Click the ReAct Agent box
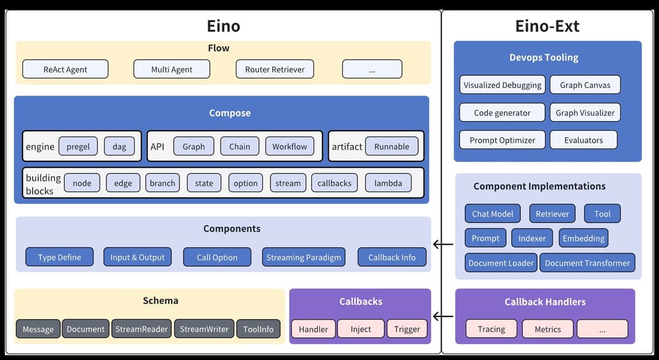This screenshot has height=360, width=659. pyautogui.click(x=65, y=69)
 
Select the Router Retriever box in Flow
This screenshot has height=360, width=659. pyautogui.click(x=275, y=69)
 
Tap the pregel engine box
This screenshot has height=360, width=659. pyautogui.click(x=78, y=146)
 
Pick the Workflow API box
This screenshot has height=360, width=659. pyautogui.click(x=290, y=146)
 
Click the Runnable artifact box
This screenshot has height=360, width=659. pyautogui.click(x=392, y=146)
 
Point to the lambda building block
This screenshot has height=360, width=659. pyautogui.click(x=388, y=183)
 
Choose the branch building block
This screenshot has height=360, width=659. pyautogui.click(x=163, y=183)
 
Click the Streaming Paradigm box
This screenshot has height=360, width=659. pyautogui.click(x=304, y=257)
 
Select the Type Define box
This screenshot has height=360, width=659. pyautogui.click(x=59, y=257)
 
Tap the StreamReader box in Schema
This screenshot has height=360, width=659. pyautogui.click(x=142, y=329)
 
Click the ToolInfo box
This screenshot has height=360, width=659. pyautogui.click(x=258, y=329)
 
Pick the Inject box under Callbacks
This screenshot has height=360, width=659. pyautogui.click(x=361, y=329)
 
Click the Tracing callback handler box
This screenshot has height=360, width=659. pyautogui.click(x=491, y=329)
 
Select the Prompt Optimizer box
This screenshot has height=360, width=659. pyautogui.click(x=502, y=140)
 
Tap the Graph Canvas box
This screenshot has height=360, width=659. pyautogui.click(x=585, y=85)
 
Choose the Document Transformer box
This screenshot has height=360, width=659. pyautogui.click(x=588, y=263)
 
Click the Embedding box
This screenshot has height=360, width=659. pyautogui.click(x=583, y=238)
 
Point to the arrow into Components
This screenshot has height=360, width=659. pyautogui.click(x=443, y=244)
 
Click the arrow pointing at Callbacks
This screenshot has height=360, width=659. pyautogui.click(x=443, y=316)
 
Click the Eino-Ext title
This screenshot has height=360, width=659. pyautogui.click(x=547, y=26)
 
